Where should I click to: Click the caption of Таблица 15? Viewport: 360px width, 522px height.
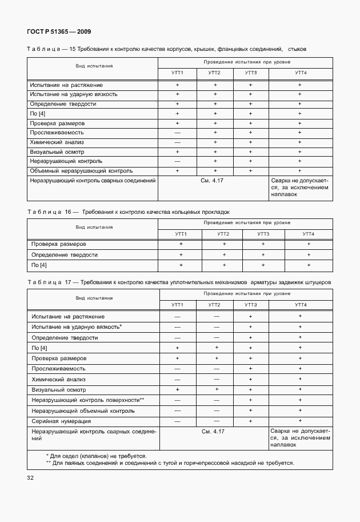(x=166, y=49)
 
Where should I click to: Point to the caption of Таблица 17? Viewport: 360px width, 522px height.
(x=178, y=282)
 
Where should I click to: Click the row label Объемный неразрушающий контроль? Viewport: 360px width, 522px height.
(x=82, y=170)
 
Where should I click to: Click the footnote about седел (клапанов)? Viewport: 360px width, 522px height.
(x=96, y=456)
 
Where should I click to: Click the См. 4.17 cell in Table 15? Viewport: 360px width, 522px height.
(x=213, y=180)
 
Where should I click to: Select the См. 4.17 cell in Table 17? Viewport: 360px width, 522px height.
(x=213, y=431)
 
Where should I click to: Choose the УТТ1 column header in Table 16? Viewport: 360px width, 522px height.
(x=181, y=234)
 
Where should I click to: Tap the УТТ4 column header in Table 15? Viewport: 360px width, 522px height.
(x=300, y=73)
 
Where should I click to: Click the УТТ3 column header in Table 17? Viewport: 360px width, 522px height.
(x=250, y=305)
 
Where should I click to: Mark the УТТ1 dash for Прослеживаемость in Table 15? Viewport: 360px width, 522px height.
(x=177, y=133)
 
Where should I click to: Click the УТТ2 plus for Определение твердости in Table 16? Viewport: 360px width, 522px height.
(x=224, y=254)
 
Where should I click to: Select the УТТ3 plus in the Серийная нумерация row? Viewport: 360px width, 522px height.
(x=250, y=421)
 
